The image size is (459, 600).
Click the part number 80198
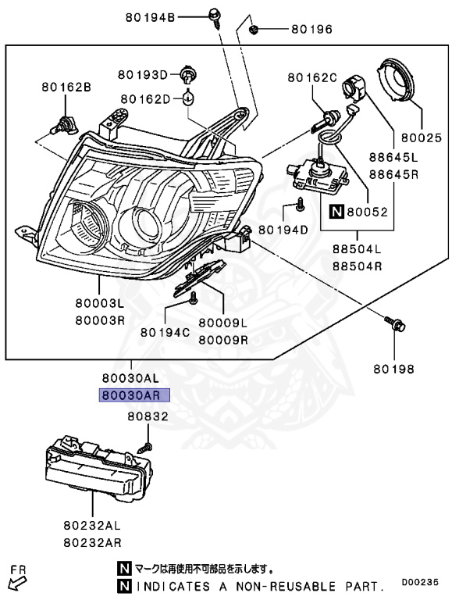pyautogui.click(x=393, y=368)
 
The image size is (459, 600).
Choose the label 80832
pyautogui.click(x=148, y=417)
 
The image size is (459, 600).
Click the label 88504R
pyautogui.click(x=357, y=266)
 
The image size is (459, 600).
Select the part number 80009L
pyautogui.click(x=222, y=323)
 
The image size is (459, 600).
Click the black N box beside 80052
pyautogui.click(x=336, y=211)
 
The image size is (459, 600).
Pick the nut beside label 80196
pyautogui.click(x=254, y=30)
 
